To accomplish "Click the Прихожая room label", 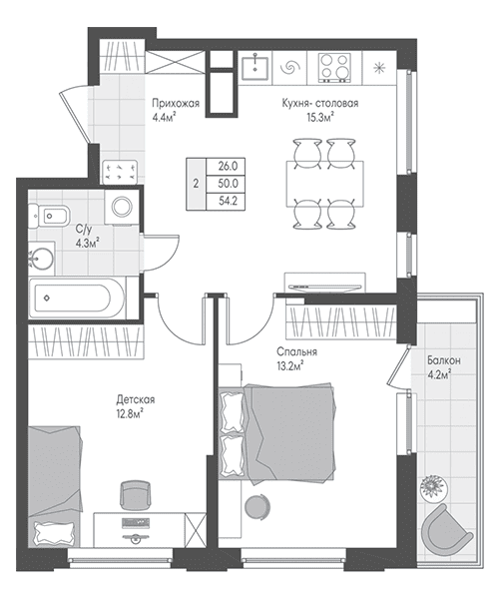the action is click(176, 103).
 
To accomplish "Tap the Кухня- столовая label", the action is click(320, 103).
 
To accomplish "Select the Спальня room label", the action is click(296, 351).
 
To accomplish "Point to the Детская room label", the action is click(136, 400).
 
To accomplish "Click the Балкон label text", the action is click(444, 360).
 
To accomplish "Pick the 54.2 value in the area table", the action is click(228, 201).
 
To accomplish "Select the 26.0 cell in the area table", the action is click(228, 166).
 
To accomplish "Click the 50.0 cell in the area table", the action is click(228, 184).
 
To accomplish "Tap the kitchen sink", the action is click(254, 67).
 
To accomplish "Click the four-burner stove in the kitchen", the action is click(334, 68).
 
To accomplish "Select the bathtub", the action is click(78, 299).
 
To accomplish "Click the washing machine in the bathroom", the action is click(122, 207).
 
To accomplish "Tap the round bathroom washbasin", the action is click(42, 259).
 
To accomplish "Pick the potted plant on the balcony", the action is click(432, 487).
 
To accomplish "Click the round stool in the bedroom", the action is click(257, 506).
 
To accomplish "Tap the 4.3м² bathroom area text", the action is click(87, 243).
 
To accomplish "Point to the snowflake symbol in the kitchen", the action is click(379, 68).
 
